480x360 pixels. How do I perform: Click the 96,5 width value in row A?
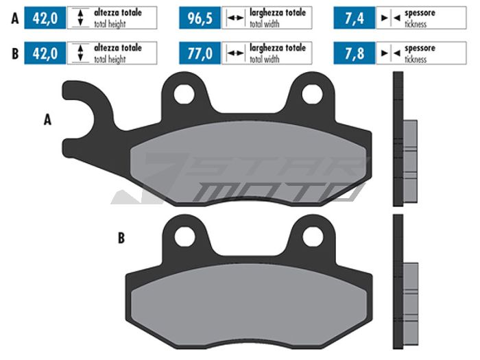200,18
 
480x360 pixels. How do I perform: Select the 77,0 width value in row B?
200,53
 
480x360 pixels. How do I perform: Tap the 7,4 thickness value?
355,18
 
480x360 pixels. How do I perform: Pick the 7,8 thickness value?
355,53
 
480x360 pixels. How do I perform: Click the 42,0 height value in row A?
45,18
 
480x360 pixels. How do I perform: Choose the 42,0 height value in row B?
45,53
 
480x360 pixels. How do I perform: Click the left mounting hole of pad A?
184,94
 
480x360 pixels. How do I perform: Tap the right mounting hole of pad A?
312,94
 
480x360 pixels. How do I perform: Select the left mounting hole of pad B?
184,237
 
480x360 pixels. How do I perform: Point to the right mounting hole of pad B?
313,237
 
